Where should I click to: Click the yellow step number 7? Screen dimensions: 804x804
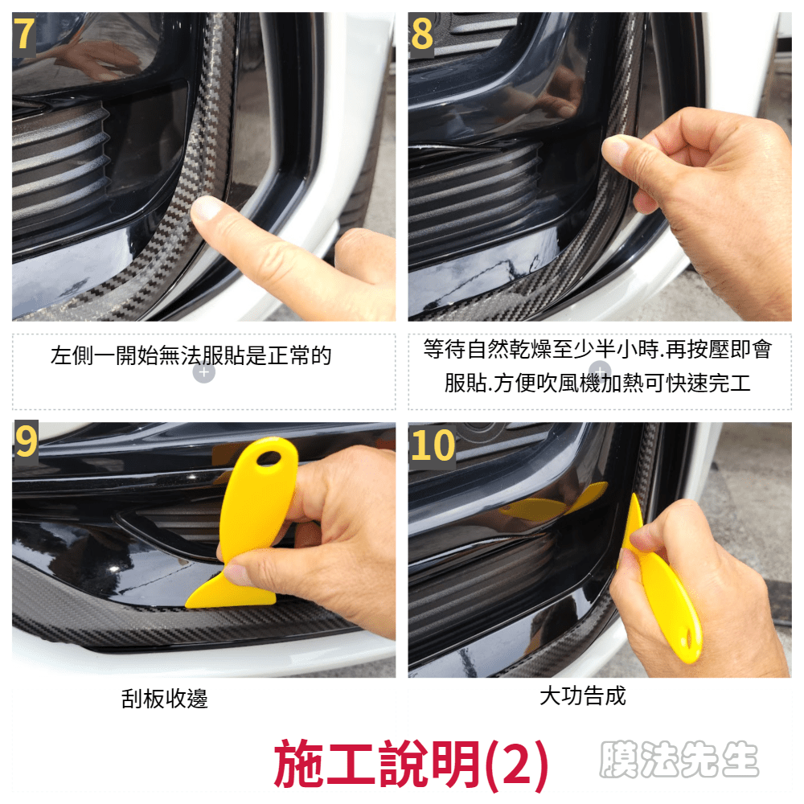coord(25,35)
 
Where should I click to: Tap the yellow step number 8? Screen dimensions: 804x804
coord(422,35)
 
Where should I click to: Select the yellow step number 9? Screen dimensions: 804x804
coord(26,441)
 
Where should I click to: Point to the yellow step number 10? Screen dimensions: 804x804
coord(433,445)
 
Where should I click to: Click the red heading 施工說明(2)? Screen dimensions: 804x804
coord(411,764)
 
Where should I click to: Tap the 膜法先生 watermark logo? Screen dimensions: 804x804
coord(679,760)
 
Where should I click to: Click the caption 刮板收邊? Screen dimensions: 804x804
coord(165,699)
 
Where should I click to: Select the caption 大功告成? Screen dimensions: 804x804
coord(583,696)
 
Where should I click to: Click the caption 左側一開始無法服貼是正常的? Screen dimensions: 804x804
coord(191,355)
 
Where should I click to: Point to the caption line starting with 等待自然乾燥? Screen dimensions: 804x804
coord(598,349)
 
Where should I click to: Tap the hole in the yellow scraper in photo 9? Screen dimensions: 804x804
coord(269,457)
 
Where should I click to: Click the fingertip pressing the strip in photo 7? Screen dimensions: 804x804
coord(206,209)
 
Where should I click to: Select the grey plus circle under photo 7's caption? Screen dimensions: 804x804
coord(203,372)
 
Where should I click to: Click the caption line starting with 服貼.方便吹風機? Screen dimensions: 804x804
coord(598,383)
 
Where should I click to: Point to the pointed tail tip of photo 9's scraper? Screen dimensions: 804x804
coord(187,605)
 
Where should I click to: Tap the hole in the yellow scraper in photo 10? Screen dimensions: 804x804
coord(689,638)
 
